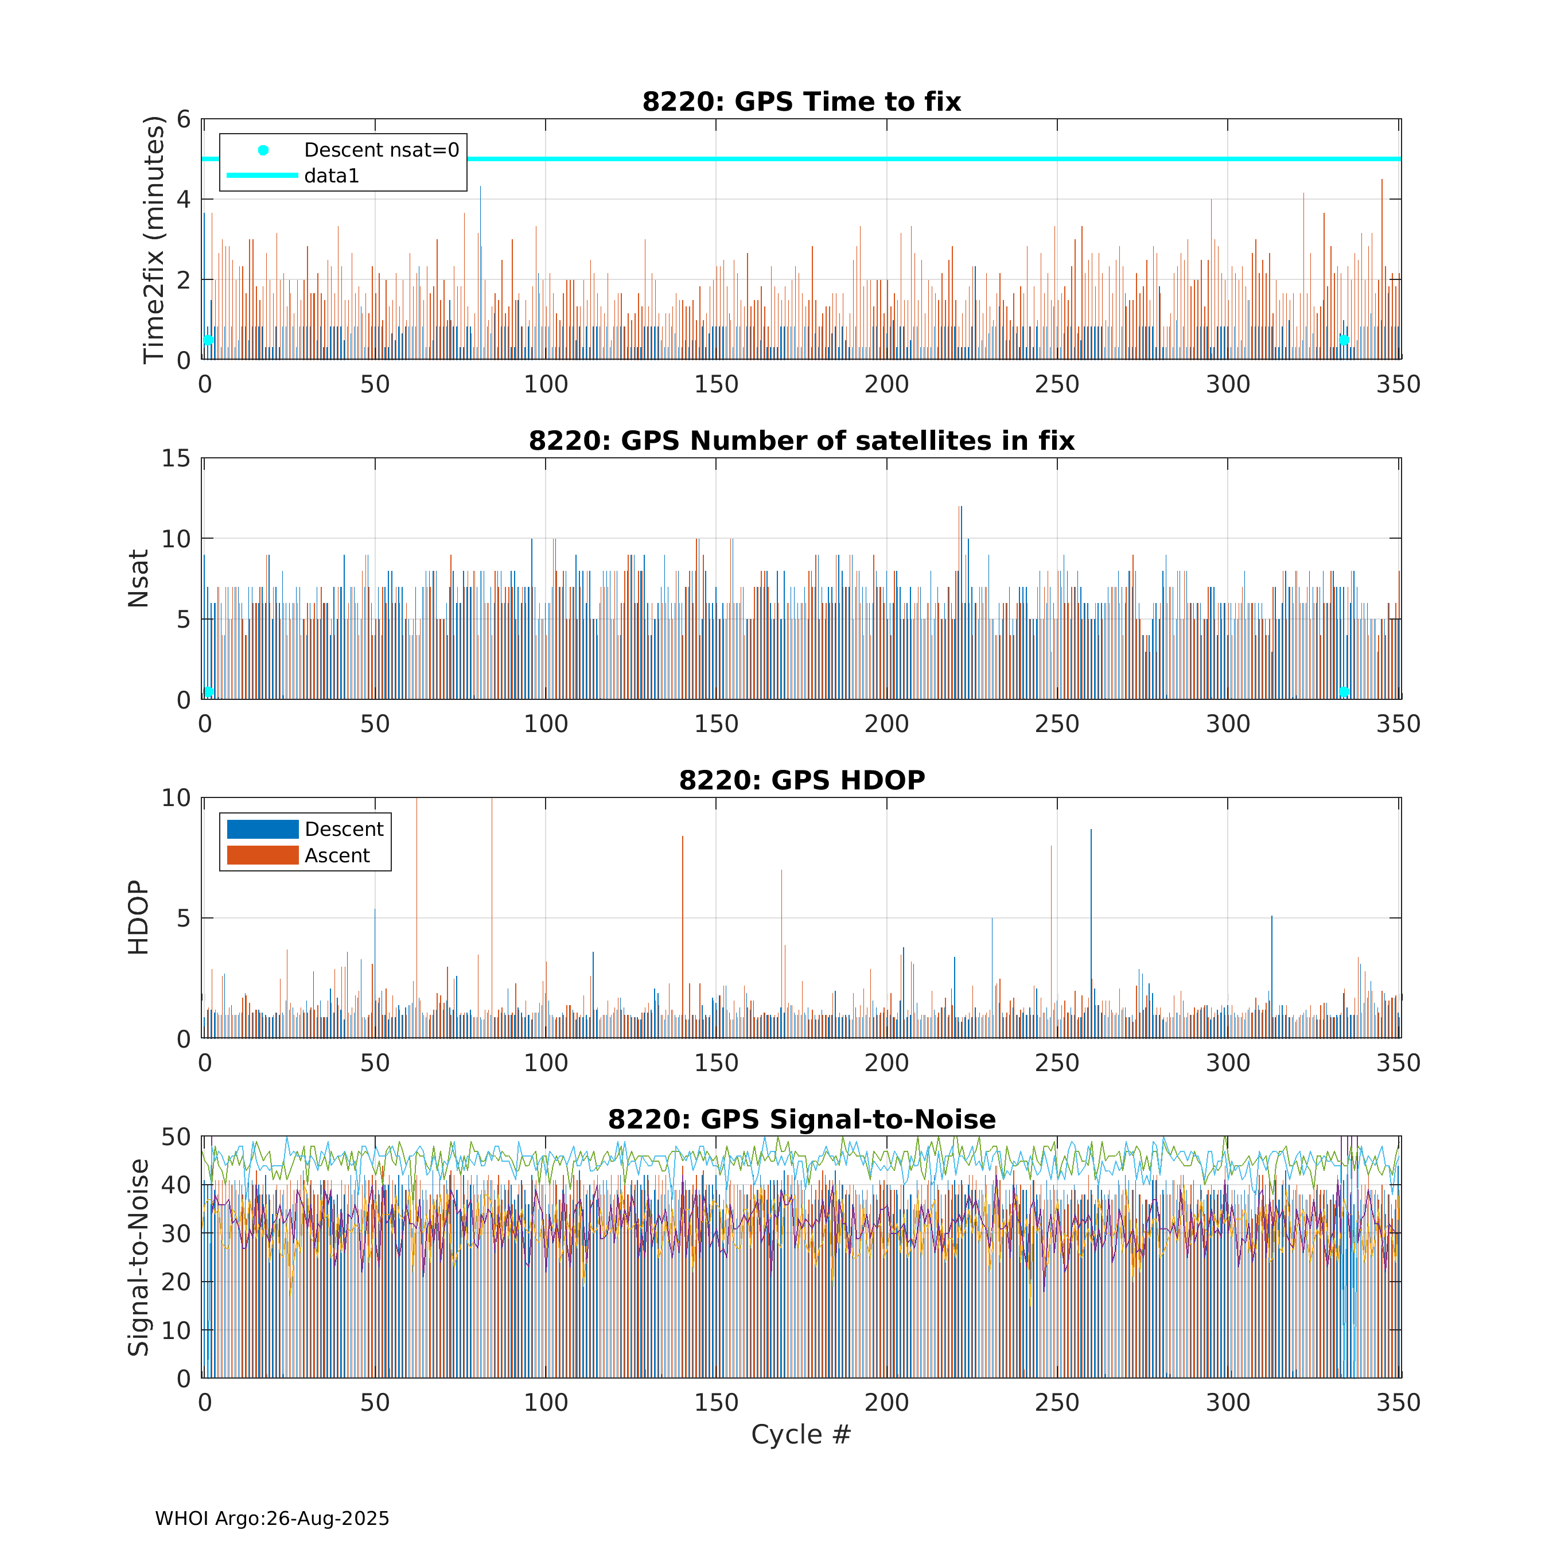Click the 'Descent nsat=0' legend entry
(x=381, y=150)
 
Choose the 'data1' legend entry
(x=331, y=176)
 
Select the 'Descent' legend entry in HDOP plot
(x=343, y=829)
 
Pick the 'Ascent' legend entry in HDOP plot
(x=337, y=855)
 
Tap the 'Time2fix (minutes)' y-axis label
(x=153, y=240)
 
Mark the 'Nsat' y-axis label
(x=138, y=579)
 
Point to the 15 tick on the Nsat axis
(x=176, y=458)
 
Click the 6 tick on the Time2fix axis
(x=184, y=119)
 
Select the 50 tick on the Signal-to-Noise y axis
(x=176, y=1137)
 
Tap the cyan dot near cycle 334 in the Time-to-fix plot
(x=1344, y=341)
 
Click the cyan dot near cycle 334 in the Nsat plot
(x=1344, y=692)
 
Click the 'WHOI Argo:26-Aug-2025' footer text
(x=272, y=1519)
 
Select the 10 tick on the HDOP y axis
(x=176, y=798)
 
